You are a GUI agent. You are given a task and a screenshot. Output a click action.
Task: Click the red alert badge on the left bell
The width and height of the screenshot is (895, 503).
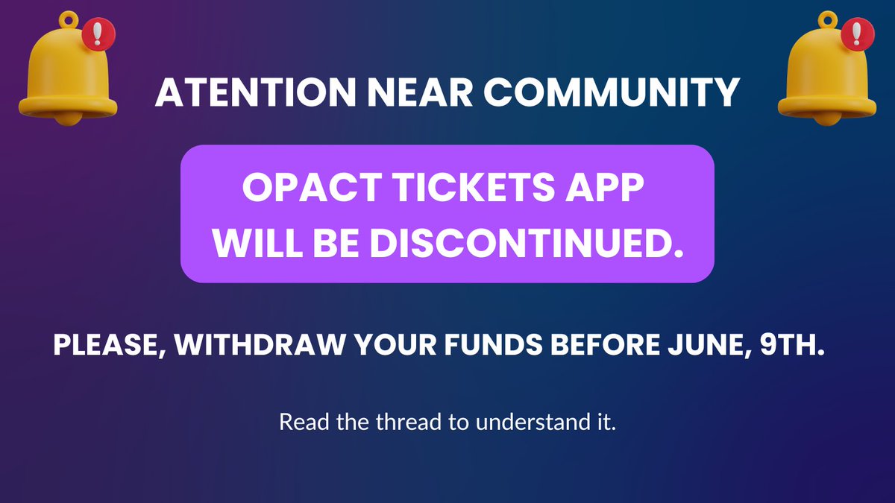[x=94, y=34]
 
